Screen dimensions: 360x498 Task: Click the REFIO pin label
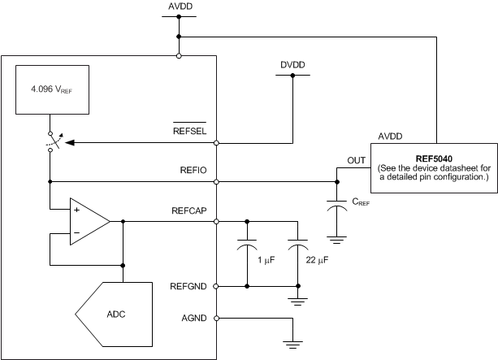click(195, 170)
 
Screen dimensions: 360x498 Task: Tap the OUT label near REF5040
click(357, 160)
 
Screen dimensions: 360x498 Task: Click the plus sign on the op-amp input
click(76, 210)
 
